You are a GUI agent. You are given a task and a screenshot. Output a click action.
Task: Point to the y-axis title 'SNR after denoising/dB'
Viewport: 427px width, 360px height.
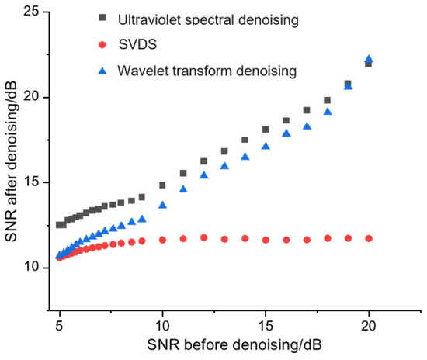tap(13, 147)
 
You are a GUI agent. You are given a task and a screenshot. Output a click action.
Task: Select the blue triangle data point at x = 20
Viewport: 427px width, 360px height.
tap(369, 59)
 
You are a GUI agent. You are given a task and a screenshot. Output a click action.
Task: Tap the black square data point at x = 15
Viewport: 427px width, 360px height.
tap(266, 130)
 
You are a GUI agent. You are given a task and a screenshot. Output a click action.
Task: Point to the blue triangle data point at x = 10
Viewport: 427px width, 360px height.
tap(162, 205)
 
